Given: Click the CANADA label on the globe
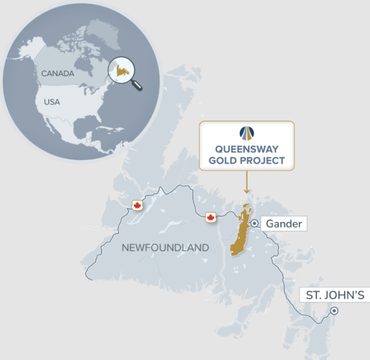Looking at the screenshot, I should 58,74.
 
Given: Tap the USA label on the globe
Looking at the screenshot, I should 52,102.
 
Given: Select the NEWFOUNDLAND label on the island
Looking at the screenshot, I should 165,248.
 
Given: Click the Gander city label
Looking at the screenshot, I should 284,224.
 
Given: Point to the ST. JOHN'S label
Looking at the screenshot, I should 335,295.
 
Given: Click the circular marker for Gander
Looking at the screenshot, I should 254,223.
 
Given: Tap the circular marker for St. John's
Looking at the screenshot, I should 334,311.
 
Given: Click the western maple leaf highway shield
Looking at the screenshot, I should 137,205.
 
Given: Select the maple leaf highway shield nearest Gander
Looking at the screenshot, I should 210,217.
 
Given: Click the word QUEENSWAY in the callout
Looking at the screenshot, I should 247,149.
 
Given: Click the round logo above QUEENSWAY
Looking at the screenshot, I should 247,133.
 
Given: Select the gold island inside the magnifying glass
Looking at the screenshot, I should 122,70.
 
